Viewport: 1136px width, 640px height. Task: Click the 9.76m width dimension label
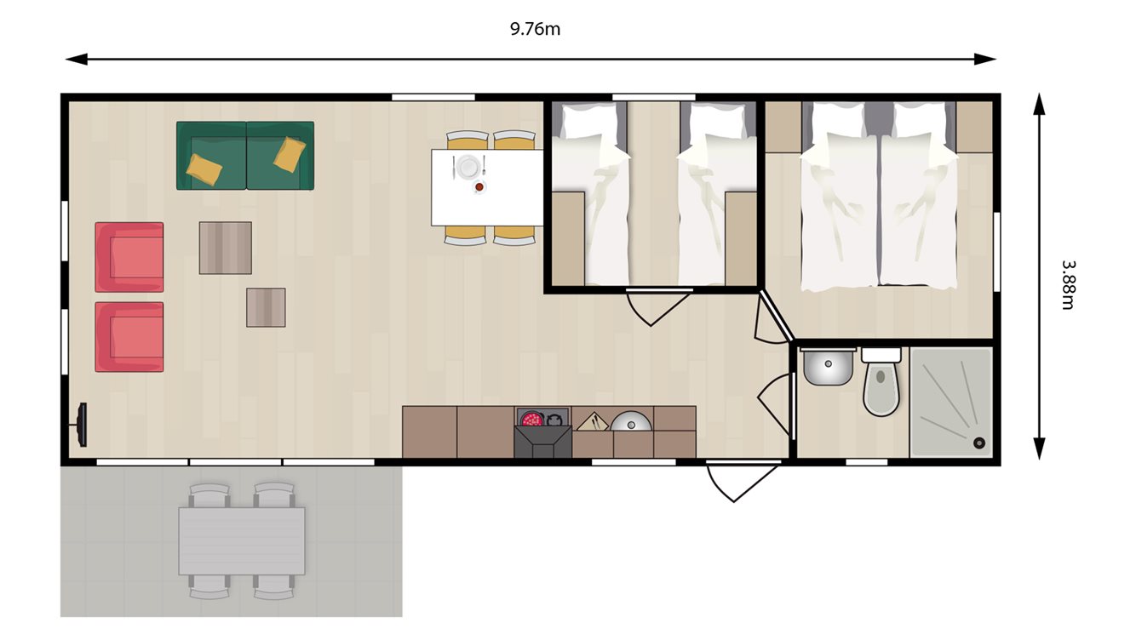coord(535,30)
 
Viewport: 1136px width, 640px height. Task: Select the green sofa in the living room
coord(245,156)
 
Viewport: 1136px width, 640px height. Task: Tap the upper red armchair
coord(129,257)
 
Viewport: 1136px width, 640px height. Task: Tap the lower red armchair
coord(129,337)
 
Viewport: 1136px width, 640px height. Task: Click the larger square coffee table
coord(225,248)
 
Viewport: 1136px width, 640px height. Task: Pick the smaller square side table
coord(266,307)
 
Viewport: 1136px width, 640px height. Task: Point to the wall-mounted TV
coord(82,425)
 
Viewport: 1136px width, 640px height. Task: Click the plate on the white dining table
coord(468,167)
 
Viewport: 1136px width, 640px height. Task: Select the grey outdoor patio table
coord(242,540)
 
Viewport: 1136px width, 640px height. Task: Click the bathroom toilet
coord(881,387)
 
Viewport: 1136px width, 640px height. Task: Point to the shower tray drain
coord(978,443)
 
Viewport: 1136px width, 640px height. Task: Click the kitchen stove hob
coord(542,420)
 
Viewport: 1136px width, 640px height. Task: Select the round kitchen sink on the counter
coord(631,422)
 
